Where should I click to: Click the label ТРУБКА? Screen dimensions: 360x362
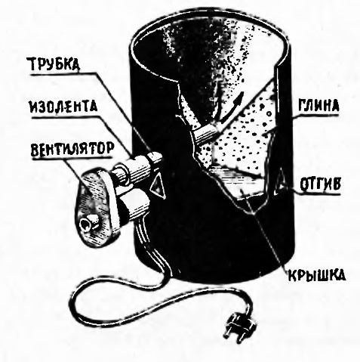point(55,63)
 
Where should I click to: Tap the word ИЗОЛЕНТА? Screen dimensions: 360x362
point(63,107)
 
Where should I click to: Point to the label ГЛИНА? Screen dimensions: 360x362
point(318,106)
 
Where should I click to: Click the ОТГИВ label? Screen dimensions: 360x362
point(320,184)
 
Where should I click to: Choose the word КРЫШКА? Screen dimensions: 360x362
point(317,275)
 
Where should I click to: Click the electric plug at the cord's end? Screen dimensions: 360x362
point(239,326)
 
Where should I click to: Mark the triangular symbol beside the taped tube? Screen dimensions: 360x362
point(157,185)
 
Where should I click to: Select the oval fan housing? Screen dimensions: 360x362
point(95,206)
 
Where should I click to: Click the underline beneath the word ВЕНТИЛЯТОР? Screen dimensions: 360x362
point(71,157)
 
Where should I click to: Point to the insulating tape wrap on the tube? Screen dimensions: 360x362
point(140,168)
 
